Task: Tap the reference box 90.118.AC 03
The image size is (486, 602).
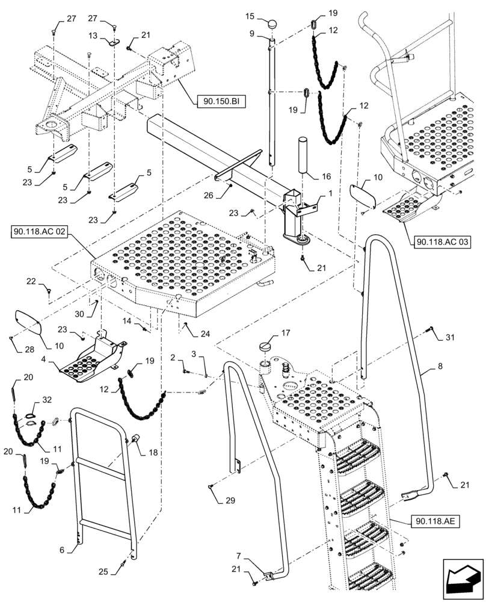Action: [x=442, y=242]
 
